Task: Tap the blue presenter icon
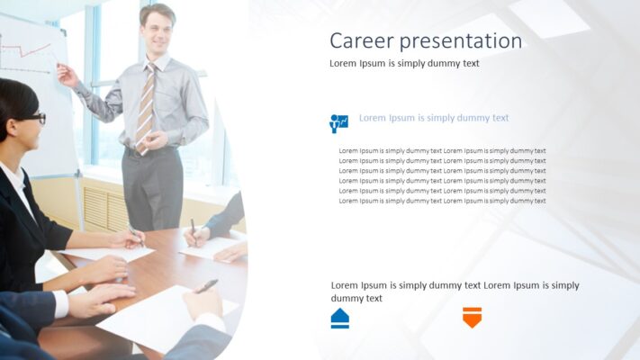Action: click(x=339, y=123)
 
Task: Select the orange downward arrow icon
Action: click(x=472, y=317)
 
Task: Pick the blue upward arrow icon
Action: click(x=340, y=318)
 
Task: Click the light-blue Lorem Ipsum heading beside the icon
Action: click(x=434, y=118)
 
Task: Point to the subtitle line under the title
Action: click(x=404, y=63)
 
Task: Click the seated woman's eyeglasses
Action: click(x=35, y=118)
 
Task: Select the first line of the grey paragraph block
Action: click(x=442, y=150)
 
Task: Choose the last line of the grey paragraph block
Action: click(x=442, y=201)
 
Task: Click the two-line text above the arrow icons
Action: click(x=455, y=292)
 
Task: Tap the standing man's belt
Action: click(x=153, y=147)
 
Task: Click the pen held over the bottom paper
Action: click(x=207, y=285)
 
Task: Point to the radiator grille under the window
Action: click(x=106, y=206)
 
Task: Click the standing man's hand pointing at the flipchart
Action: click(x=66, y=74)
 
